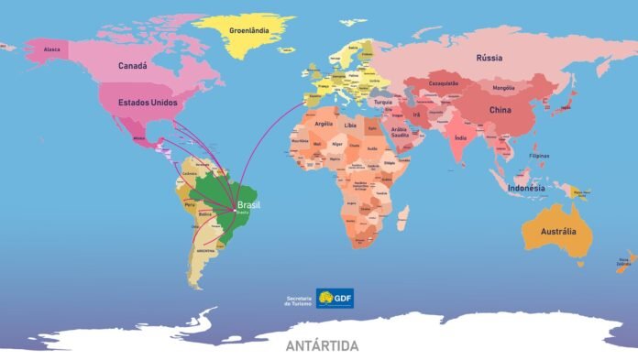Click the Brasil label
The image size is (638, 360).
coord(248,205)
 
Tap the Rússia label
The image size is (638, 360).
coord(489,59)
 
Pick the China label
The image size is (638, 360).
coord(500,110)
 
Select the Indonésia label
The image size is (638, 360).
coord(526,189)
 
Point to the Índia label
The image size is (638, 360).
coord(460,138)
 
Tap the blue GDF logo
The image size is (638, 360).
coord(335,298)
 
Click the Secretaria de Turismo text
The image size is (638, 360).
coord(299,299)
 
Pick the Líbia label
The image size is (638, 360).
coord(350,125)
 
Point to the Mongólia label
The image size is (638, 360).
coord(503,88)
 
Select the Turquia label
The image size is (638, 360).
coord(383,102)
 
